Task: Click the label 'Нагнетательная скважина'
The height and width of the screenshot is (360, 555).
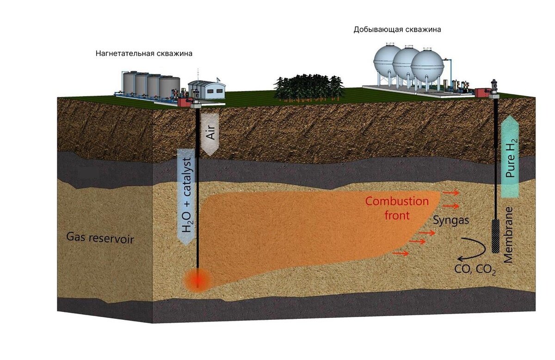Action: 144,54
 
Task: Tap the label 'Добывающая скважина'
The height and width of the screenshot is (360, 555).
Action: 397,30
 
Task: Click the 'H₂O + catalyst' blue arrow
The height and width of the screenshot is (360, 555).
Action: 187,196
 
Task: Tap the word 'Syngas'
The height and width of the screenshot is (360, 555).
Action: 451,221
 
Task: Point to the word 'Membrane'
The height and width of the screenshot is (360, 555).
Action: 509,235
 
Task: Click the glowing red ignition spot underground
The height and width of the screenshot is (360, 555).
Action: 197,280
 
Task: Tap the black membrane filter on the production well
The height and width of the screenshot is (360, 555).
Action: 496,236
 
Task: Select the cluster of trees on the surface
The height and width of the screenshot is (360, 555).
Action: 308,87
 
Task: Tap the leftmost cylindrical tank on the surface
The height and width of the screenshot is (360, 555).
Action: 129,83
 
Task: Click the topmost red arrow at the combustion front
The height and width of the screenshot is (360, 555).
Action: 450,192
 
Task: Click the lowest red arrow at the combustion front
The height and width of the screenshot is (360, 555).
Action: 401,253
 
